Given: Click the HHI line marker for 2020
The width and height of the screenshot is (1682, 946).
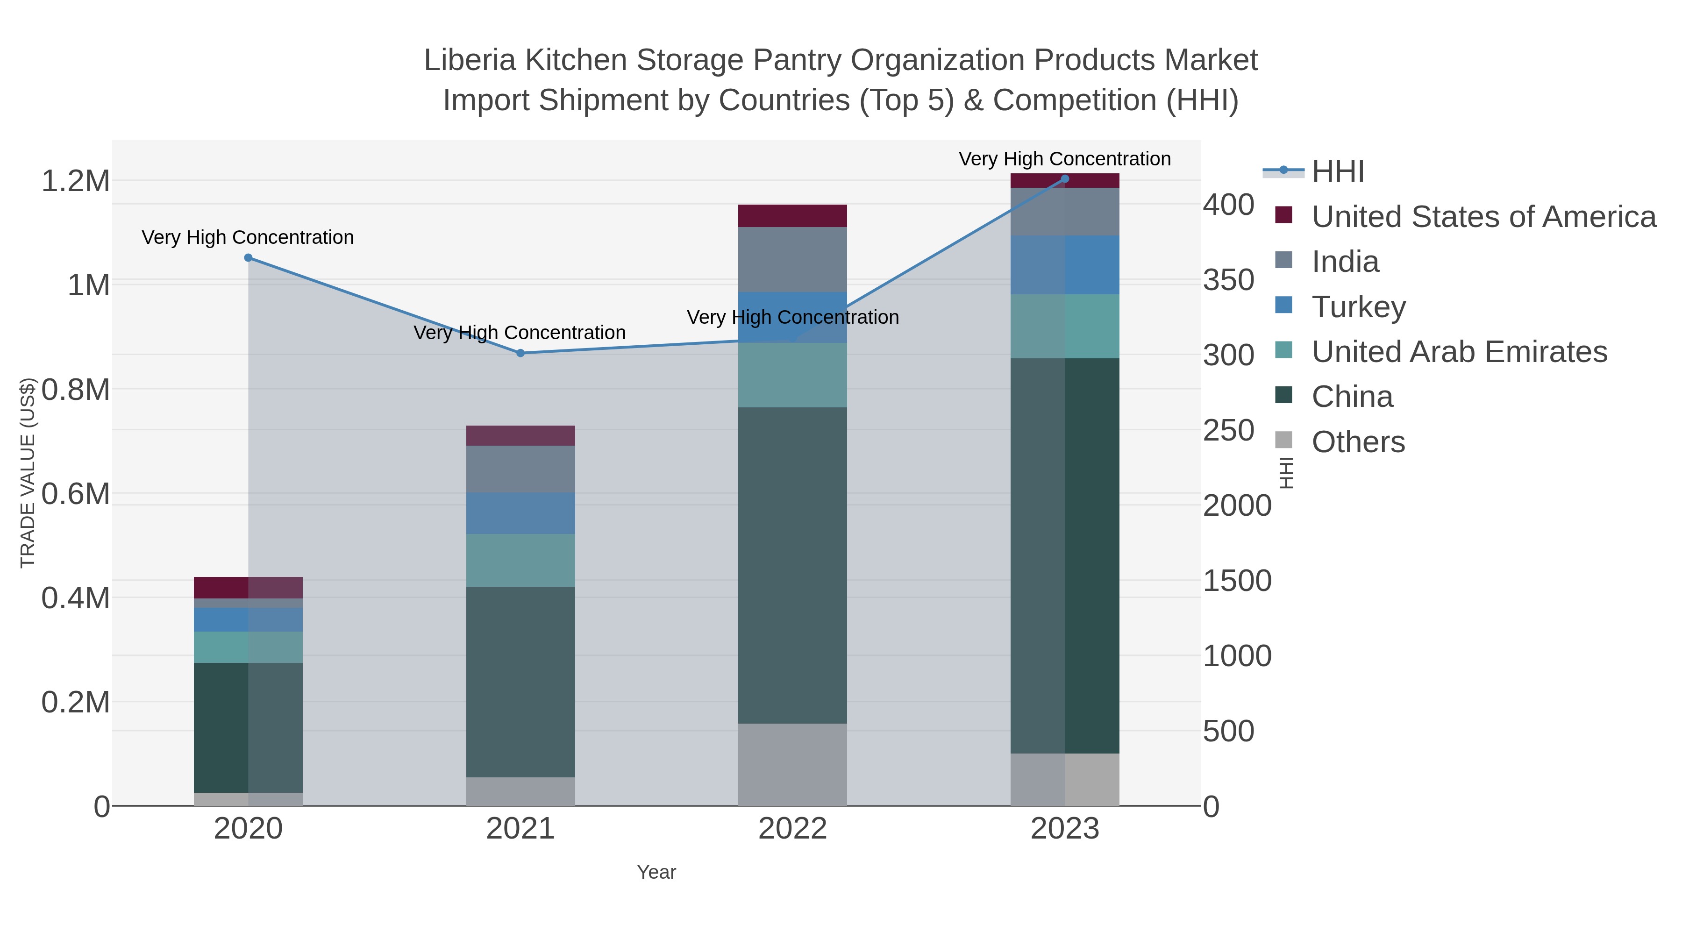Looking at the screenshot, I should coord(248,258).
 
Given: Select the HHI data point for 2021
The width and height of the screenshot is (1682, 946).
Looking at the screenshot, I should coord(520,353).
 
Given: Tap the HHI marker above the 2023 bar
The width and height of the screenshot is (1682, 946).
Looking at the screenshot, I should coord(1065,179).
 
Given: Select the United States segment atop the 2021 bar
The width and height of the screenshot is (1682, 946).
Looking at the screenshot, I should coord(520,435).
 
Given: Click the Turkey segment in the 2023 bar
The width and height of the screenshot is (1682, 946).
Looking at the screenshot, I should coord(1065,264).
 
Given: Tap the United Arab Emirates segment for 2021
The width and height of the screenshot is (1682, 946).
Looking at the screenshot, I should coord(520,560).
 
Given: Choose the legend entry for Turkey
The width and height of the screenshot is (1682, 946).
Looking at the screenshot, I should coord(1358,307).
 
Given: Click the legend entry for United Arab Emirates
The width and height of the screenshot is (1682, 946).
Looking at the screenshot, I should coord(1459,352).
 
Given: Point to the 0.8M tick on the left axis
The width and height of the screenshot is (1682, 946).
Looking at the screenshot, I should coord(75,390).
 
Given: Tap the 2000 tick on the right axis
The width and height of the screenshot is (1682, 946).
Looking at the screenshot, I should coord(1237,506).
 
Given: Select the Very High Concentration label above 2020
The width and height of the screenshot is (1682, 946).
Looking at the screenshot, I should coord(248,238).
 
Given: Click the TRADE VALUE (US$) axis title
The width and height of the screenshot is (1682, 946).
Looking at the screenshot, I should coord(28,473).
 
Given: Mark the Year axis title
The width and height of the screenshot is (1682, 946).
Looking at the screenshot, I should coord(656,872).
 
